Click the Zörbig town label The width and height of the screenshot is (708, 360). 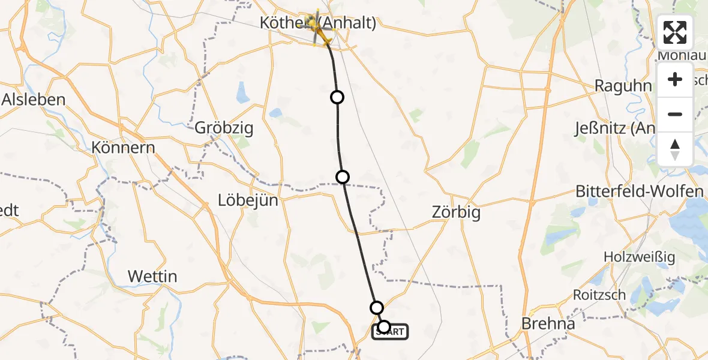(456, 212)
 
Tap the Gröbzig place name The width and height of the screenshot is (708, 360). (224, 128)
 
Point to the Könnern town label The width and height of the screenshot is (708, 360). (123, 148)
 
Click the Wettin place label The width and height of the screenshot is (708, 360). (152, 276)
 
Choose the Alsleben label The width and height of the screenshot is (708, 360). (34, 100)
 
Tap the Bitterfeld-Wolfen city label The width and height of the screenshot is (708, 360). (639, 191)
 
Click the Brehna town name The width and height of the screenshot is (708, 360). (548, 323)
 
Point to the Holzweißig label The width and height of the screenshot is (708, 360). (640, 257)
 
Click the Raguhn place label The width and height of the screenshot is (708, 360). (623, 86)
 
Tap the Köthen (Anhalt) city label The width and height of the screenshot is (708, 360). (318, 23)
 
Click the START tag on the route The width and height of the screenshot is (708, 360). (391, 331)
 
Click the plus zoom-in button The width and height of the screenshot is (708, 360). (675, 80)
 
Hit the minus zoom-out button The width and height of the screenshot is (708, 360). (675, 115)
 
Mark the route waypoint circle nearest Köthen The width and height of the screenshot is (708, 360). (337, 97)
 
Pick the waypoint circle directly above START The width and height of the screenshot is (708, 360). (376, 308)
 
